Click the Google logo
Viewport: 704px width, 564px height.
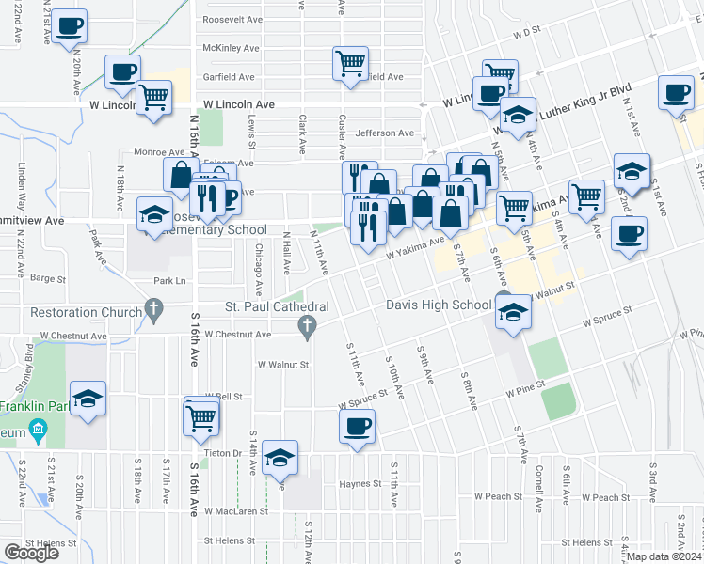[x=31, y=553]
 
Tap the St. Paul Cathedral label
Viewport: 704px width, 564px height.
[x=276, y=306]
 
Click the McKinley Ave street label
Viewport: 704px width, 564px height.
[x=232, y=48]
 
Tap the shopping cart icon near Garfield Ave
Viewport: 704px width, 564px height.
[x=350, y=64]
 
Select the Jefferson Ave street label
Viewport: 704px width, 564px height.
[x=385, y=133]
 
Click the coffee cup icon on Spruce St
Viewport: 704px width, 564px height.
[x=358, y=427]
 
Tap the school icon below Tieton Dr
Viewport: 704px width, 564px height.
[x=280, y=457]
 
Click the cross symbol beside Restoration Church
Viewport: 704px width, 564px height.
[x=154, y=311]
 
